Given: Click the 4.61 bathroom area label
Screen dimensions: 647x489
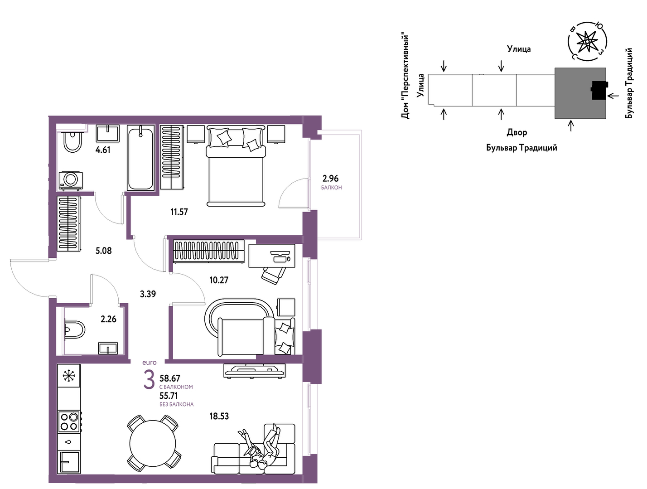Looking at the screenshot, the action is [x=103, y=150].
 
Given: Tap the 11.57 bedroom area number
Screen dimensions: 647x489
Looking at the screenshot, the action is [x=179, y=212].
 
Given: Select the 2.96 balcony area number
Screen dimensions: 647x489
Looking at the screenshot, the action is [x=330, y=178].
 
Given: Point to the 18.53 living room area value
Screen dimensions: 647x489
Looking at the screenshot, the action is [x=219, y=416].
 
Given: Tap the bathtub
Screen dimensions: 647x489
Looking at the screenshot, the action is [x=140, y=158].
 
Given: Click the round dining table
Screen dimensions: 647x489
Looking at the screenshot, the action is [x=153, y=443].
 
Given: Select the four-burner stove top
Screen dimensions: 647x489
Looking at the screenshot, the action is [x=69, y=422].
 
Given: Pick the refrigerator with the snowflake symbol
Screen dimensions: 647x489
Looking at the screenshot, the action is [x=69, y=376].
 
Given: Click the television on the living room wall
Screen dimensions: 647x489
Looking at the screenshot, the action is [x=254, y=371].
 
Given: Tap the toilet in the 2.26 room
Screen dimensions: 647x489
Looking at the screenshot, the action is [x=75, y=329].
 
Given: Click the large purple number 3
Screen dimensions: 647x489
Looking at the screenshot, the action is [x=149, y=380].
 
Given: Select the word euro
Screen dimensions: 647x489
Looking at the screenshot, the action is [x=150, y=363].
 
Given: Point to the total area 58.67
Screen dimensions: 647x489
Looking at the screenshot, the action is [x=170, y=378].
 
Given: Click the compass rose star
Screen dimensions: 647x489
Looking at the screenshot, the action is [x=587, y=42].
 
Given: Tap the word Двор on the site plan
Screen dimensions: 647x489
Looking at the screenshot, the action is [x=517, y=132].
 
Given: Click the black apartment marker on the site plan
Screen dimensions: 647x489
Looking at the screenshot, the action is [x=599, y=90].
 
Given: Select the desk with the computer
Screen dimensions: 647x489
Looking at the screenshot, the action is [x=271, y=256].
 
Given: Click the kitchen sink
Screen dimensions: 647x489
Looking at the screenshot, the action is [x=70, y=462].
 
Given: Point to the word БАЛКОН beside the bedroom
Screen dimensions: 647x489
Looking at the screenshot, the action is [x=331, y=188].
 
